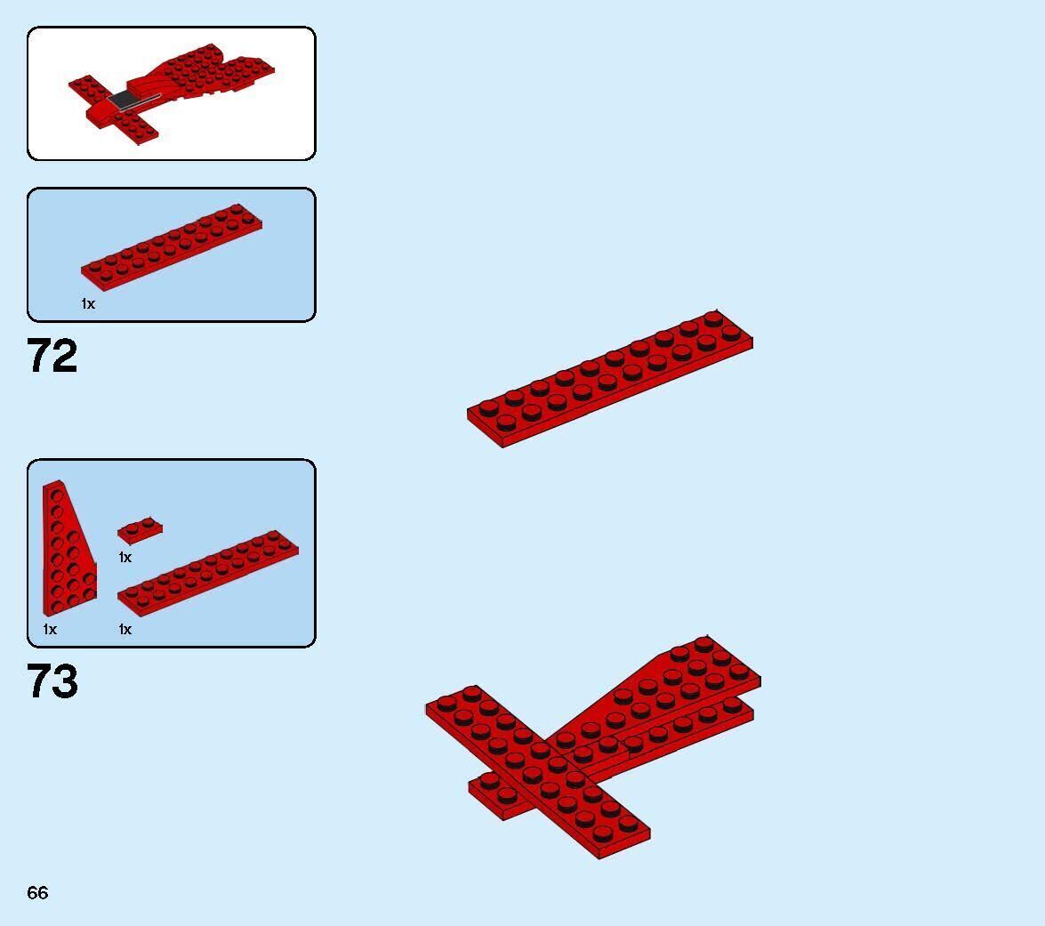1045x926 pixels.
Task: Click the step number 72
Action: (x=52, y=356)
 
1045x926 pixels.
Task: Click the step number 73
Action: (x=52, y=681)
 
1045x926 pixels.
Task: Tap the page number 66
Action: (x=37, y=892)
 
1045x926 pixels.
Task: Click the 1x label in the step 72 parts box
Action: (x=88, y=303)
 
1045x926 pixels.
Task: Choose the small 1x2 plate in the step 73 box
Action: (x=140, y=530)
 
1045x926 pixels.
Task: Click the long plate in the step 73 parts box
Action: (x=208, y=572)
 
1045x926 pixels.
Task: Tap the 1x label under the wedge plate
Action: (x=50, y=629)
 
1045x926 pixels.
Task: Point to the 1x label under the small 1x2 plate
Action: (x=125, y=557)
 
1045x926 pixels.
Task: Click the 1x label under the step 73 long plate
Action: (x=125, y=629)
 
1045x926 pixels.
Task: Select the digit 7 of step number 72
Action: (x=40, y=356)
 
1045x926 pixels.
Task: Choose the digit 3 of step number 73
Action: (x=66, y=681)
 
